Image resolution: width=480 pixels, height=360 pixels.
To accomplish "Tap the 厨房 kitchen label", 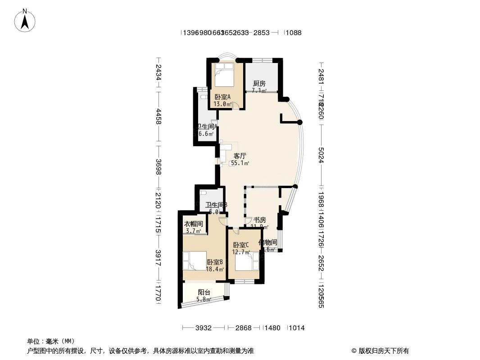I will [x=259, y=84].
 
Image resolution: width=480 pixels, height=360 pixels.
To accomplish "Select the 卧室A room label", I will [x=222, y=97].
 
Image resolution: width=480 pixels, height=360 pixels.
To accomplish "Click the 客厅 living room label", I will [x=240, y=156].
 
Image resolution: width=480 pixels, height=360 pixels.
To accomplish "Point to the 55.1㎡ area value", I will [x=240, y=163].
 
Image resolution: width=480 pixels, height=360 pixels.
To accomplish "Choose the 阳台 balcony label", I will [x=204, y=292].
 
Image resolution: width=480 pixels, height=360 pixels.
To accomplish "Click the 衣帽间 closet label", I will [x=194, y=224].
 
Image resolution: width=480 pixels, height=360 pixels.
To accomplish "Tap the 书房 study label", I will [x=259, y=220].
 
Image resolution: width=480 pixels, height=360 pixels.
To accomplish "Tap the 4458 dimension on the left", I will [x=158, y=119].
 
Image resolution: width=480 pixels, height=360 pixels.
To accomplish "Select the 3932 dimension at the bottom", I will [x=204, y=328].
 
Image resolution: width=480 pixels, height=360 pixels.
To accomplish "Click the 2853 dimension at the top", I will [x=261, y=32].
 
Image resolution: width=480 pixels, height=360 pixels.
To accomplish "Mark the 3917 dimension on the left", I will [x=158, y=258].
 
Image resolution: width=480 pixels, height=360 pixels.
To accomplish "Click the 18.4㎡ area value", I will [x=215, y=270].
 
